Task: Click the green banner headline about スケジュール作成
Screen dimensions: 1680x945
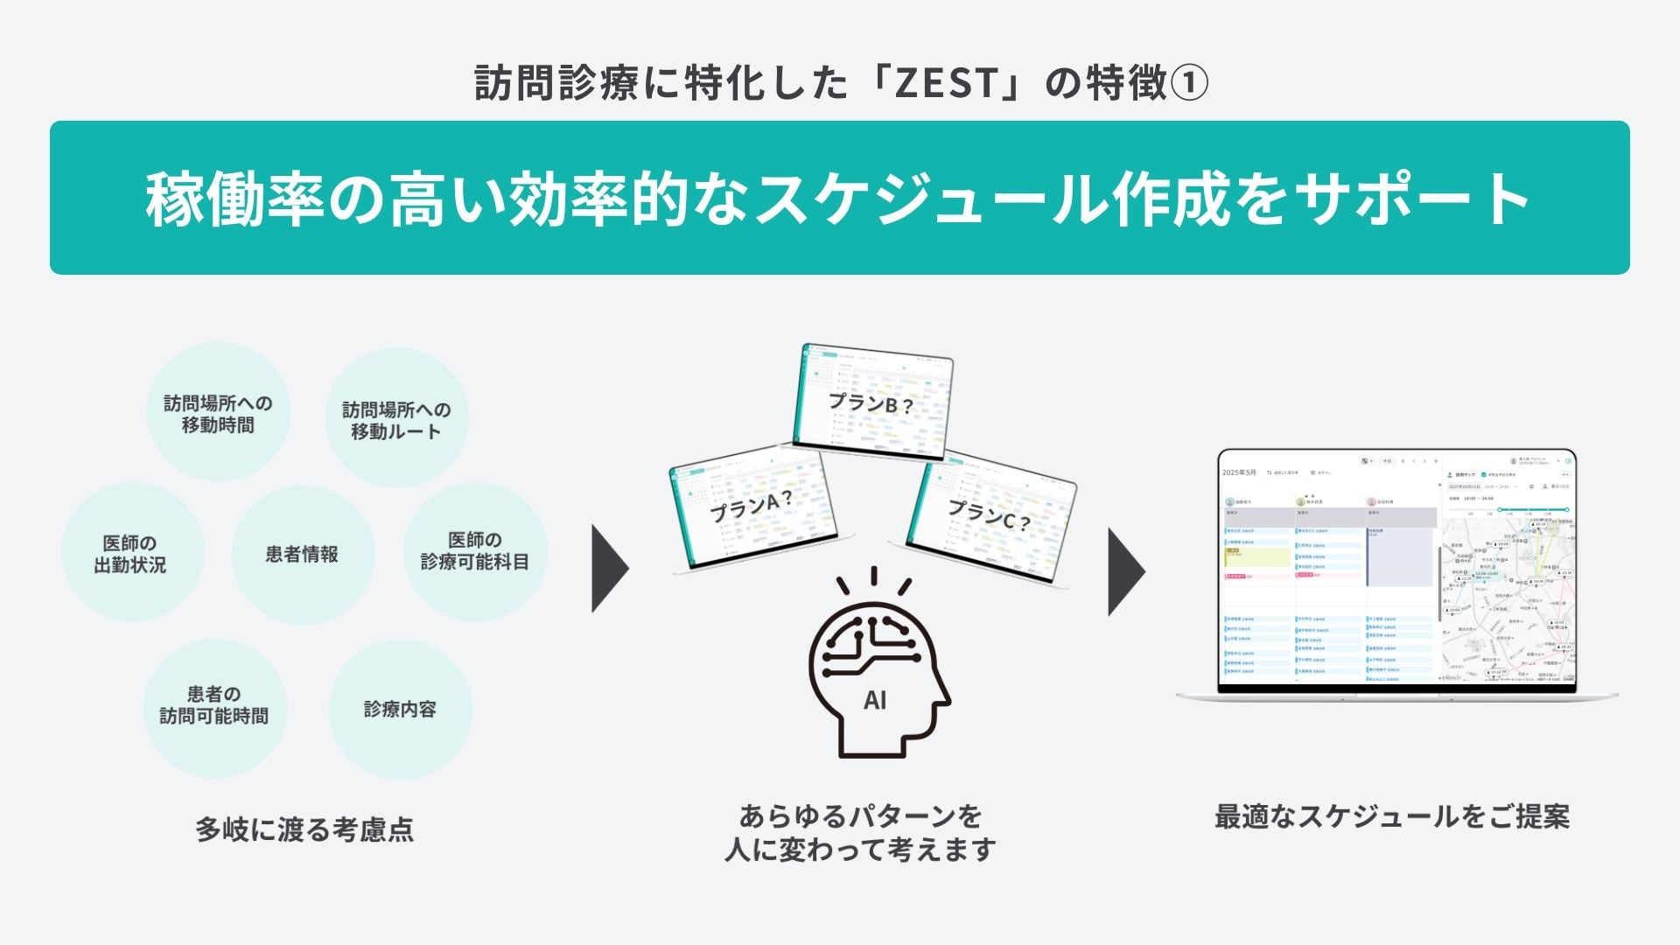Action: click(838, 199)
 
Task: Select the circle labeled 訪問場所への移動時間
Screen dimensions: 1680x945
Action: click(218, 414)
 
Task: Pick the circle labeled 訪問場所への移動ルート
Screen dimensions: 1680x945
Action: click(396, 420)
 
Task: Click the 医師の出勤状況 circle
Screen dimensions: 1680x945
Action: click(130, 554)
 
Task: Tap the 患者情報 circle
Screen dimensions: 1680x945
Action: click(302, 554)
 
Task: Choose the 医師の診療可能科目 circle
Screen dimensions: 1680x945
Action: click(475, 551)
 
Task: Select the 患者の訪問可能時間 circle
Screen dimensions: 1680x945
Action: click(214, 705)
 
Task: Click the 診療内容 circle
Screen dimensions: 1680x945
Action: click(400, 709)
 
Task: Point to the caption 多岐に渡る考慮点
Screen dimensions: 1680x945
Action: click(304, 829)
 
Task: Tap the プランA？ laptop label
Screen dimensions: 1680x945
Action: click(751, 507)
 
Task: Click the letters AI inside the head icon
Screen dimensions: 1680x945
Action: click(874, 700)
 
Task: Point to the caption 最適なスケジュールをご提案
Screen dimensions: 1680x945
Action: click(1391, 816)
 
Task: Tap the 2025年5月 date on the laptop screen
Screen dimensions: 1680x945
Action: click(1239, 472)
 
